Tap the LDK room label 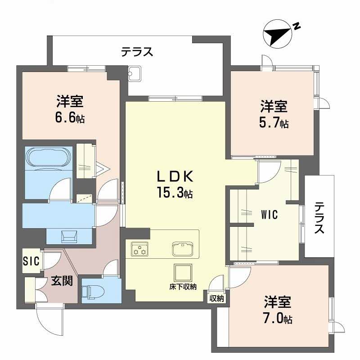click(175, 175)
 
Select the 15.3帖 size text click(175, 193)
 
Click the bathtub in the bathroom click(47, 159)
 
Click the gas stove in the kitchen click(140, 249)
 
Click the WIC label click(269, 215)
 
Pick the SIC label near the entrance click(31, 261)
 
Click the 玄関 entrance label click(62, 282)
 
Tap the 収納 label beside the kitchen click(217, 298)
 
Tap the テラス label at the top click(137, 52)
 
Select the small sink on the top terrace click(135, 74)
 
